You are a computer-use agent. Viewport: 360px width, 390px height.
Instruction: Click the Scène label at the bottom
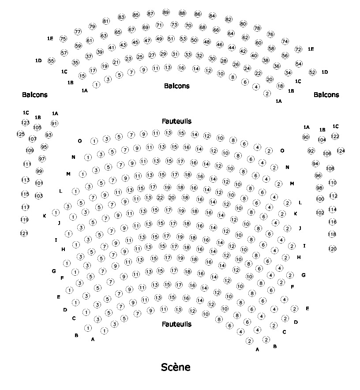point(176,367)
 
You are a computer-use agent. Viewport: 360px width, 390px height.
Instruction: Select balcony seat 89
point(166,12)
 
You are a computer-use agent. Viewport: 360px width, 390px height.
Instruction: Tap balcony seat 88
point(182,13)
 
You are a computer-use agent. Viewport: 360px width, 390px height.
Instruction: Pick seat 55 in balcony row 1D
point(51,61)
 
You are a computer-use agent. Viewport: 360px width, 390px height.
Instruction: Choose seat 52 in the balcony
point(312,72)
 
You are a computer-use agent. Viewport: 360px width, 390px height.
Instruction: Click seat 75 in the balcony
point(63,39)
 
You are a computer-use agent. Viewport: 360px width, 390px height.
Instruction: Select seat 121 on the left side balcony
point(24,233)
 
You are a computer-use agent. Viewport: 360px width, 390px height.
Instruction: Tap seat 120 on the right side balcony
point(332,249)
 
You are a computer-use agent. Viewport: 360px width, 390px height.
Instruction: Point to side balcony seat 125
point(21,134)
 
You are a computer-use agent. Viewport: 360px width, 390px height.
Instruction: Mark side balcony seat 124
point(341,151)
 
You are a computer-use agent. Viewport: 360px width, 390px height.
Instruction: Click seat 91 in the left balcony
point(54,124)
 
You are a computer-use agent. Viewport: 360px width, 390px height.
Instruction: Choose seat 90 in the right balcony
point(306,138)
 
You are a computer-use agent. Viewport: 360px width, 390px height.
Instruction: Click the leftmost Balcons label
point(34,95)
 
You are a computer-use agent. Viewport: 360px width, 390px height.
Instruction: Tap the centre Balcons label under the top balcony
point(176,86)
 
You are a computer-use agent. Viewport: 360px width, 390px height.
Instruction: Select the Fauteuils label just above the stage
point(176,324)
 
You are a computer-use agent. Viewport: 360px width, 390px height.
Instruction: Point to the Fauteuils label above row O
point(176,121)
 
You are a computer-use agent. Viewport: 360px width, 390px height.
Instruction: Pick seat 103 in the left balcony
point(39,195)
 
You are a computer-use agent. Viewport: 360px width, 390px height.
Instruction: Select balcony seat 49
point(159,39)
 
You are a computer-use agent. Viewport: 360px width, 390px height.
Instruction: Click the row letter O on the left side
point(80,141)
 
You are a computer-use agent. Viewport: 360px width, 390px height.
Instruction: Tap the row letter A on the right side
point(257,349)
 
